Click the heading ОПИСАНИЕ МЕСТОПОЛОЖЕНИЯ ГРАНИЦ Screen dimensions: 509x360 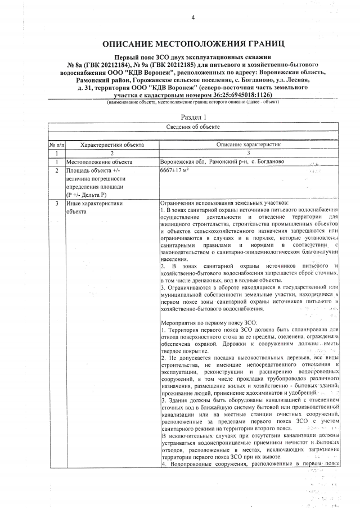click(x=193, y=44)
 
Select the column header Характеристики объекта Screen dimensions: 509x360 click(x=112, y=145)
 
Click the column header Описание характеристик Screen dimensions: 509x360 click(x=249, y=145)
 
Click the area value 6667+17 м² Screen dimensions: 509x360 click(x=175, y=170)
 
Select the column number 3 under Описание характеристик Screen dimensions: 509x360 click(x=249, y=153)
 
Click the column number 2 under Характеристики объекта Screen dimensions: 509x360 click(x=112, y=153)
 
